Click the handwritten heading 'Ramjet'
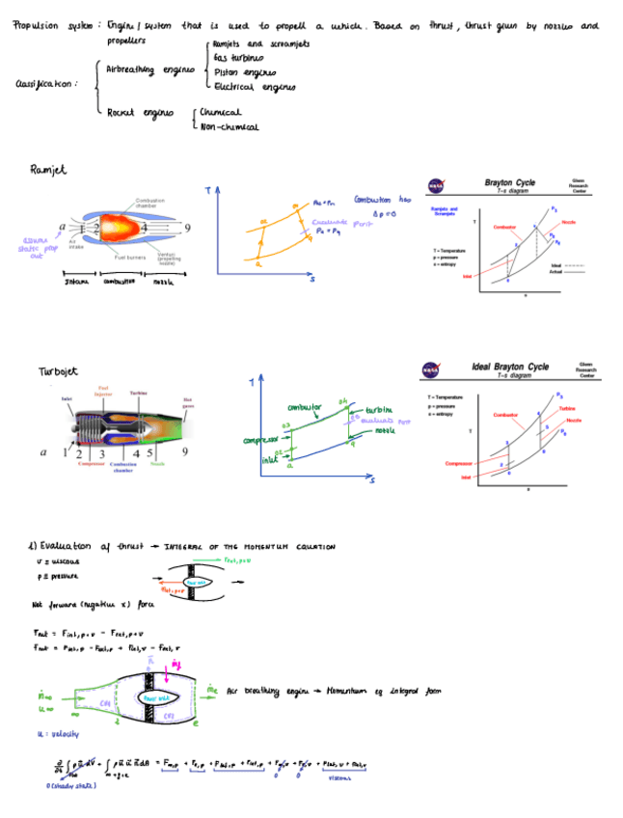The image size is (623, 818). pos(48,171)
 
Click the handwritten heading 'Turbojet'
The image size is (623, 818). pos(58,371)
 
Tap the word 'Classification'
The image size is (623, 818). pos(46,84)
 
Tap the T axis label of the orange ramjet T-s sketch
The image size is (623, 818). pos(207,192)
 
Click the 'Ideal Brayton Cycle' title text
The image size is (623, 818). pos(510,367)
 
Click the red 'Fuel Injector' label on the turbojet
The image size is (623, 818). pos(103,392)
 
